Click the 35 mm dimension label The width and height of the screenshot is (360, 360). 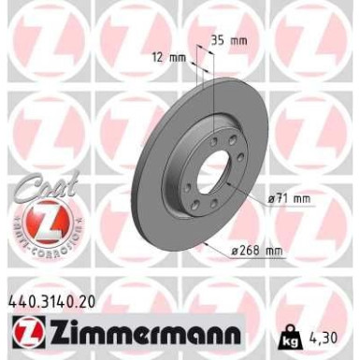click(229, 42)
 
